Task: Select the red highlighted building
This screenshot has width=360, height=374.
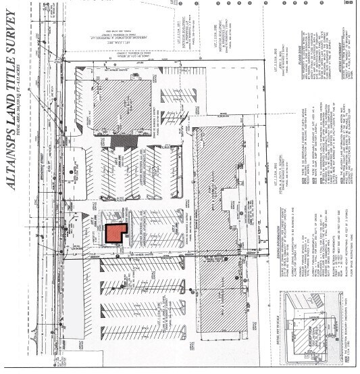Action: click(116, 235)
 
